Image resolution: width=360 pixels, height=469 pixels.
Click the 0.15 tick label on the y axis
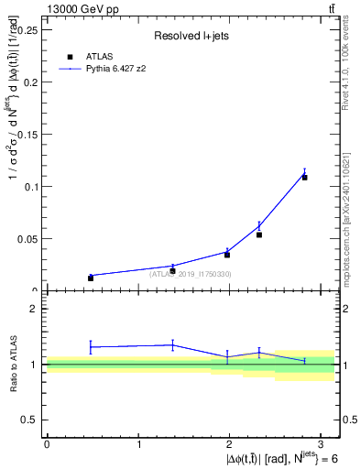click(x=28, y=134)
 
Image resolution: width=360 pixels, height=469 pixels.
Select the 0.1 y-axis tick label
click(x=31, y=186)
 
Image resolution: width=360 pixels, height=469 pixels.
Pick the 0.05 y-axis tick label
click(x=28, y=238)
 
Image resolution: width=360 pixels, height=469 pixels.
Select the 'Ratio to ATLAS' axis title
click(x=14, y=364)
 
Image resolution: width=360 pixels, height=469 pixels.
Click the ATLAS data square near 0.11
click(x=305, y=177)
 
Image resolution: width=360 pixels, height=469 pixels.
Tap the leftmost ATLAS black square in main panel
click(x=91, y=278)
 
